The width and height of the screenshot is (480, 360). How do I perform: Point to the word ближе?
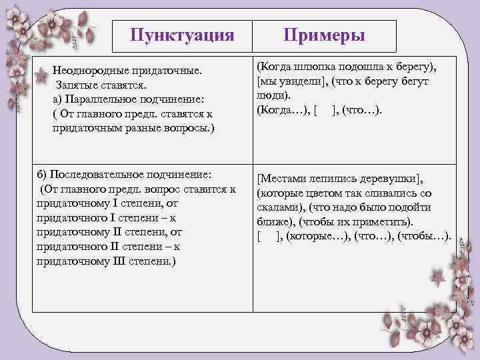point(271,221)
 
